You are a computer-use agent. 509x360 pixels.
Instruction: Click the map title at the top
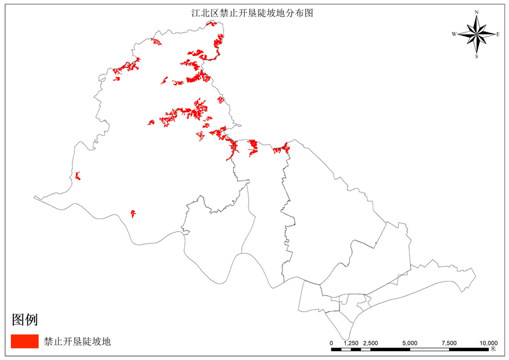click(254, 12)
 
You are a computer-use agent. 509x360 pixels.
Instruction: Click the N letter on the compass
click(477, 12)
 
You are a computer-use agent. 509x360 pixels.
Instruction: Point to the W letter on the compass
click(454, 34)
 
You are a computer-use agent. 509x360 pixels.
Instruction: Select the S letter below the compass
click(477, 56)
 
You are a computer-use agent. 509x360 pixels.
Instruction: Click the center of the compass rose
click(477, 34)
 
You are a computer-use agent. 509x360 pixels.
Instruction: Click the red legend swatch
click(25, 342)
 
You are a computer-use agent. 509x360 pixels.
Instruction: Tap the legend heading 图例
click(25, 319)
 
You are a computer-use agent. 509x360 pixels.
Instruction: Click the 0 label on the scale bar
click(331, 343)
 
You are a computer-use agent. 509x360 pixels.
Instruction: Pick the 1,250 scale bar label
click(351, 343)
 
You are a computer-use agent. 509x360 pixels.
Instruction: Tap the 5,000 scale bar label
click(410, 343)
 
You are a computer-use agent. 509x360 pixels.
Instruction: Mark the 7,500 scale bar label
click(449, 343)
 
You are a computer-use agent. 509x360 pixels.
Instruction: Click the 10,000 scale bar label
click(488, 343)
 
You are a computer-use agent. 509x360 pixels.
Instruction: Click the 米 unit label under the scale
click(493, 350)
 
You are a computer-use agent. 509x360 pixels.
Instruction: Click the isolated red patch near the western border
click(78, 176)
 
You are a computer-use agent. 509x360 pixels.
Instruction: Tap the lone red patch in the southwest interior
click(133, 213)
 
